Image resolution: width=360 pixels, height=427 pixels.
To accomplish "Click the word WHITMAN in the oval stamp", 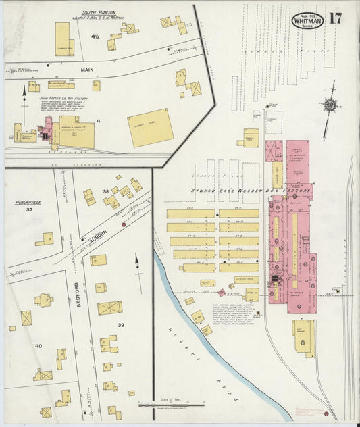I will coord(307,20).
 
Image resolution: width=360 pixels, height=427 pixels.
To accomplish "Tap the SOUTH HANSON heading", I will coord(98,13).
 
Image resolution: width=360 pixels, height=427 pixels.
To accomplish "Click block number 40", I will coord(38,346).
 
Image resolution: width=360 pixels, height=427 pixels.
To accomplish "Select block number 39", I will coord(122,325).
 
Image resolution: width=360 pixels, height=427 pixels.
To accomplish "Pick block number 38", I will coord(105,192).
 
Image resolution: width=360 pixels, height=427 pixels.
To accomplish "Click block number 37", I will coord(29,210).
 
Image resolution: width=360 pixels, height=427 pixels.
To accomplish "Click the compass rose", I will coord(329,105).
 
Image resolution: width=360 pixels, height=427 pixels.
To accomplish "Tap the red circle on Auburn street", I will coord(123,224).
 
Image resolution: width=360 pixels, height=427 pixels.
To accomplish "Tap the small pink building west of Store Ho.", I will coord(222,293).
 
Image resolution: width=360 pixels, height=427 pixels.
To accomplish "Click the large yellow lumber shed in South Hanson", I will coord(150,128).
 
